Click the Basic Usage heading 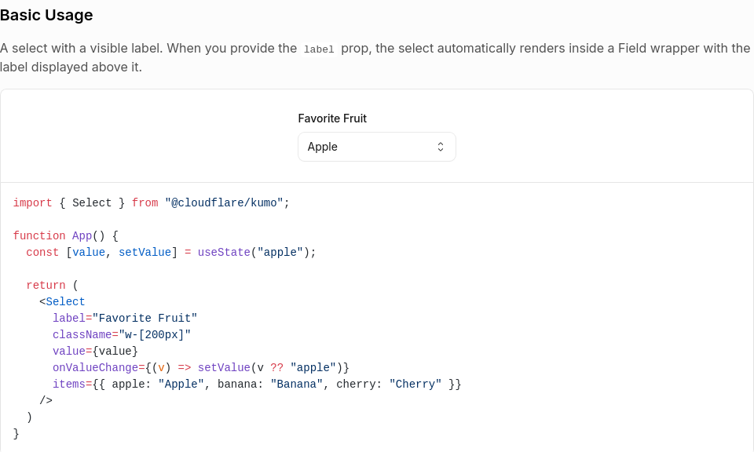pyautogui.click(x=46, y=15)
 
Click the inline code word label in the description pyautogui.click(x=318, y=49)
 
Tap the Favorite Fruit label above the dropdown pyautogui.click(x=332, y=118)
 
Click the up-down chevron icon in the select pyautogui.click(x=441, y=147)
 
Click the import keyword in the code pyautogui.click(x=33, y=203)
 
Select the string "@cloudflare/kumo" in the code pyautogui.click(x=224, y=203)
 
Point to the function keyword pyautogui.click(x=39, y=236)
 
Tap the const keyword pyautogui.click(x=42, y=253)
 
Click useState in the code pyautogui.click(x=224, y=253)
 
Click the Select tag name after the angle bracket pyautogui.click(x=66, y=302)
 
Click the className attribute pyautogui.click(x=82, y=335)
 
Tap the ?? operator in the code pyautogui.click(x=276, y=368)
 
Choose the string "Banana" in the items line pyautogui.click(x=296, y=385)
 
